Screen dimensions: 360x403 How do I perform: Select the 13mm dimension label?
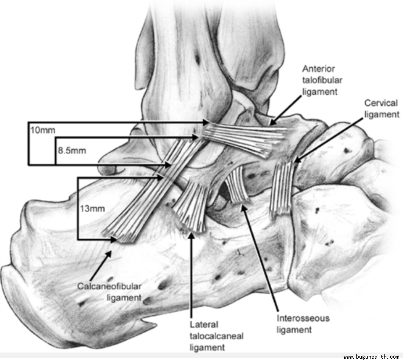[x=92, y=208]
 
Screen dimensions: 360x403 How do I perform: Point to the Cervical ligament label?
[x=381, y=109]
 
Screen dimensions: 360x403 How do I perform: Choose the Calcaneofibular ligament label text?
[x=109, y=292]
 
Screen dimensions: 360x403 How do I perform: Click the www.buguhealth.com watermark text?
[x=371, y=357]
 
